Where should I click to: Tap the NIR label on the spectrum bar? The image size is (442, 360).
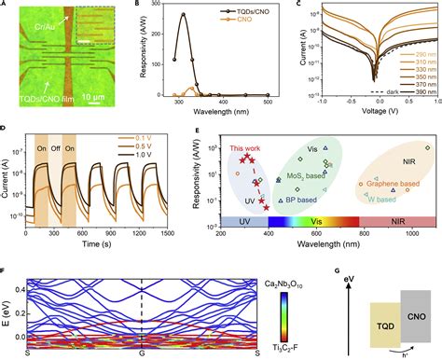(397, 222)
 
